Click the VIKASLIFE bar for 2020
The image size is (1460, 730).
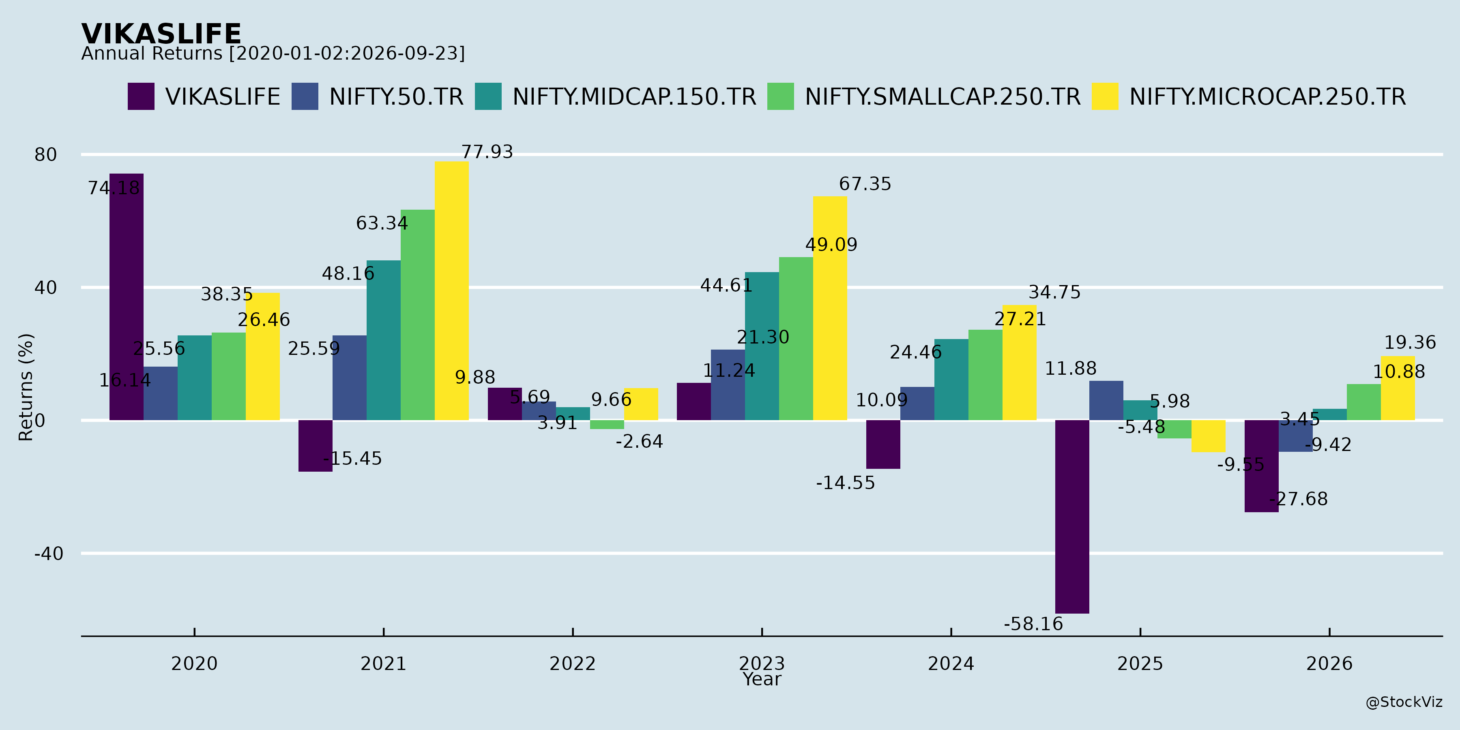(x=127, y=297)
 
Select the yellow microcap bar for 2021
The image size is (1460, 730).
(x=452, y=291)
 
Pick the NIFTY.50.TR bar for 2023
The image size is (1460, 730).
(x=728, y=385)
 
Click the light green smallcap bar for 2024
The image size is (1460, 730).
(x=985, y=375)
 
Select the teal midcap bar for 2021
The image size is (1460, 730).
(x=384, y=340)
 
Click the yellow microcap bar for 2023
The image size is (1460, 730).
(x=830, y=308)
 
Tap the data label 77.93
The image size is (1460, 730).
(x=487, y=152)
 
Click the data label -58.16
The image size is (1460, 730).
(x=1033, y=624)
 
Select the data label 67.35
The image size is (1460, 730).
(x=865, y=184)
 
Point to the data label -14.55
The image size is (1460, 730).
(x=846, y=483)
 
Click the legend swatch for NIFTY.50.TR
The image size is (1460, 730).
(x=305, y=97)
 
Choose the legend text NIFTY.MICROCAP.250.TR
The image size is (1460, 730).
(x=1268, y=97)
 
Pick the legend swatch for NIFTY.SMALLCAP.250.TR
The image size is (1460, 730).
(x=780, y=97)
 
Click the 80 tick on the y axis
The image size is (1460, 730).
(x=46, y=154)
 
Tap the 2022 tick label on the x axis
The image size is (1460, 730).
(x=572, y=663)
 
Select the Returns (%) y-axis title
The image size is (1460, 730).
(x=26, y=387)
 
